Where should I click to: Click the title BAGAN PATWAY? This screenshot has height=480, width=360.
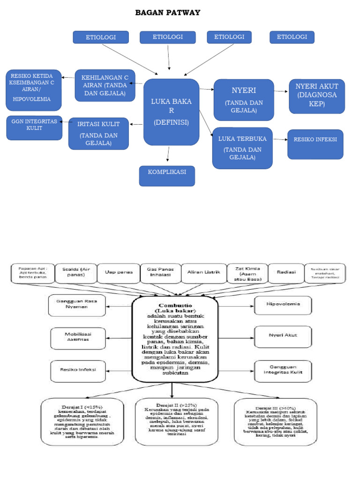pos(167,13)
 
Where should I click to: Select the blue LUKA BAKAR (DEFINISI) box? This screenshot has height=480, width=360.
pos(171,112)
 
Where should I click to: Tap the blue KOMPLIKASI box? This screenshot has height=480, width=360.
pos(167,175)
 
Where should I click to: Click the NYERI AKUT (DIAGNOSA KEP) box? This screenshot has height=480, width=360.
pos(317,96)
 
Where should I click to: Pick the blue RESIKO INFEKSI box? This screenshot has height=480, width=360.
pos(315,144)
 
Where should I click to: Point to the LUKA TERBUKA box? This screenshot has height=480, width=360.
pos(242,148)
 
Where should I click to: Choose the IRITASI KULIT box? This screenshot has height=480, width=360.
pos(98,133)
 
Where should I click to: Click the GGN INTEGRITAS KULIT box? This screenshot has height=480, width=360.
pos(34,127)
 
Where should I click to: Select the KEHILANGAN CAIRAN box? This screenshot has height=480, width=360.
pos(105,85)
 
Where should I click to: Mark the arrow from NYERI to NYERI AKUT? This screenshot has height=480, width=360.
pos(281,91)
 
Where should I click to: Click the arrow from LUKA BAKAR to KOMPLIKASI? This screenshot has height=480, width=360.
pos(168,155)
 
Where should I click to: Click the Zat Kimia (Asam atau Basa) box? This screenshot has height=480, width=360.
pos(247,273)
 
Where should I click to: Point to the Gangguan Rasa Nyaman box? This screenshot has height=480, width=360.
pos(76,305)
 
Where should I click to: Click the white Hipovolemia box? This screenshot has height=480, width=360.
pos(283,305)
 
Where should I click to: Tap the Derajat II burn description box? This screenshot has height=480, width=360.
pos(176,421)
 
